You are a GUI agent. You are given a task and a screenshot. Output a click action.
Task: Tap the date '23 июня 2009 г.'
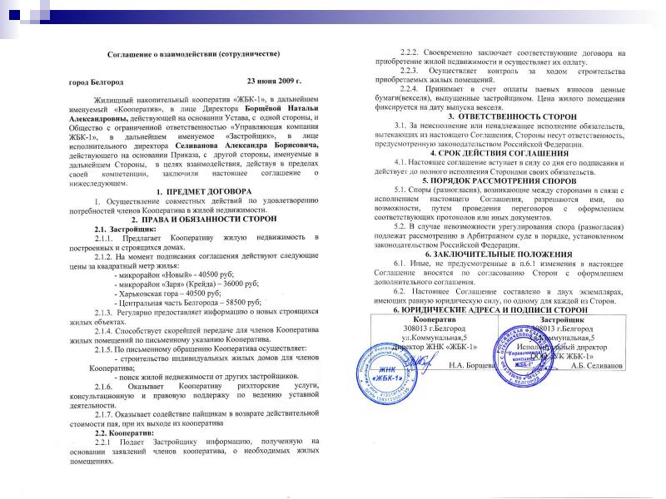[x=274, y=82]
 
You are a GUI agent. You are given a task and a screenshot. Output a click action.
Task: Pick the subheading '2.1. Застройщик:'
[x=125, y=229]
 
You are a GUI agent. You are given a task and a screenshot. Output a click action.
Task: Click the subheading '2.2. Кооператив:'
[x=127, y=433]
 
